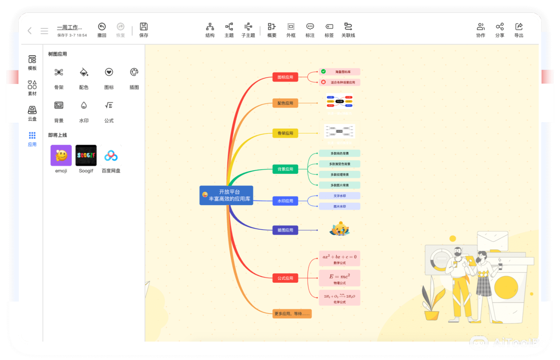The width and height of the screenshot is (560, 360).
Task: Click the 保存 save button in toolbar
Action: pos(144,30)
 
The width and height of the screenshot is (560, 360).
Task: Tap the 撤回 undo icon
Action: pos(102,30)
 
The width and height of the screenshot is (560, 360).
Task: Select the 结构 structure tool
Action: pos(210,30)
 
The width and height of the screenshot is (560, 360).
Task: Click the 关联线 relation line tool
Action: pos(348,30)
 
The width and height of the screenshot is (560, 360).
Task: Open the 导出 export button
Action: pos(519,30)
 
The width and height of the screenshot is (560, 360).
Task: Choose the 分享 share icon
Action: pos(500,30)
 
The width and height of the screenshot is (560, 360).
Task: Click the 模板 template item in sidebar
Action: pos(32,63)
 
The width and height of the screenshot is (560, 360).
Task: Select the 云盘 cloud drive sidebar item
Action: pos(32,113)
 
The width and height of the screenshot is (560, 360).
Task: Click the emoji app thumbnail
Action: pos(61,156)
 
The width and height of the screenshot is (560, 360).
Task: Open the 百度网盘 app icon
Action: pos(111,156)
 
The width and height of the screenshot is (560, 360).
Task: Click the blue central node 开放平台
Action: pos(226,195)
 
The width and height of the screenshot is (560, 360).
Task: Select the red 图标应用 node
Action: pos(285,77)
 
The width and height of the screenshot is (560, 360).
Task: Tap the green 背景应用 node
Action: pos(285,169)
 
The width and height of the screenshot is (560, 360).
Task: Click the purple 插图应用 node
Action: pos(285,230)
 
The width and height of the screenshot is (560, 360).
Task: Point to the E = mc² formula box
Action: pos(340,278)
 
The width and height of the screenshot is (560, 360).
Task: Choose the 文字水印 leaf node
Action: pos(340,196)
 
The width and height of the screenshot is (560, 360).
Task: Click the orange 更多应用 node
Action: pos(292,314)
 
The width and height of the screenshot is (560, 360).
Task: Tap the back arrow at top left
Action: pos(30,31)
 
